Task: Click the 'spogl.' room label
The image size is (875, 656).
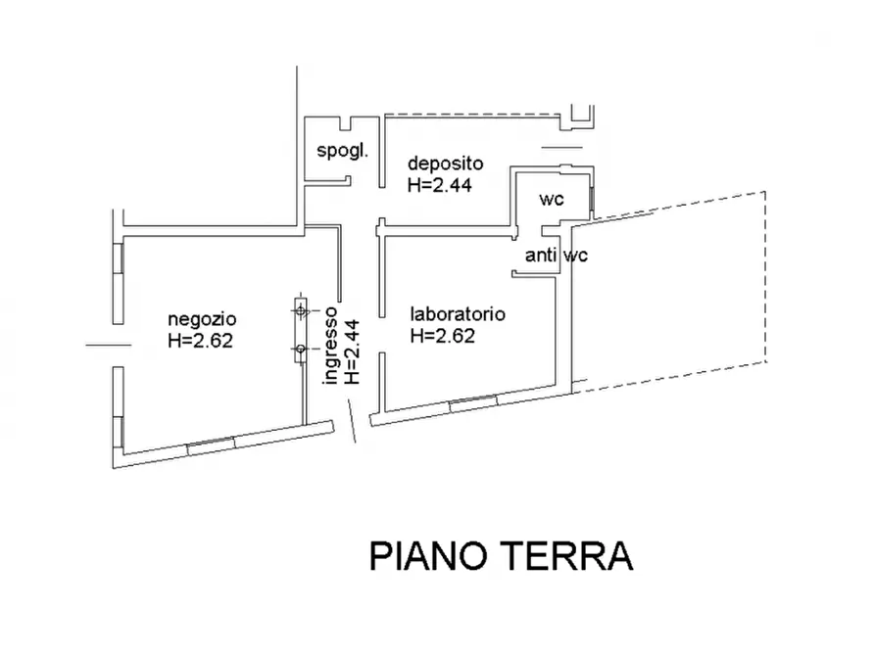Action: coord(342,151)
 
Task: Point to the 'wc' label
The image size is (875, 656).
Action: coord(552,199)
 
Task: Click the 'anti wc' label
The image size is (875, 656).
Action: coord(557,257)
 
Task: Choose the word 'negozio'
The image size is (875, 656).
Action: coord(202,318)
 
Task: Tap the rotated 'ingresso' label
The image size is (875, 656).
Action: coord(332,348)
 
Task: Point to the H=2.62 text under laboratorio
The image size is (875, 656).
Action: coord(443,335)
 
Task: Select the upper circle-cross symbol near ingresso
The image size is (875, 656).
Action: coord(301,310)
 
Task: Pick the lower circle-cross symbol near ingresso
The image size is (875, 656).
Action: coord(301,348)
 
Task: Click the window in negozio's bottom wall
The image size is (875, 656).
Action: coord(210,444)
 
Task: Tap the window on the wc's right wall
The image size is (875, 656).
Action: coord(592,199)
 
